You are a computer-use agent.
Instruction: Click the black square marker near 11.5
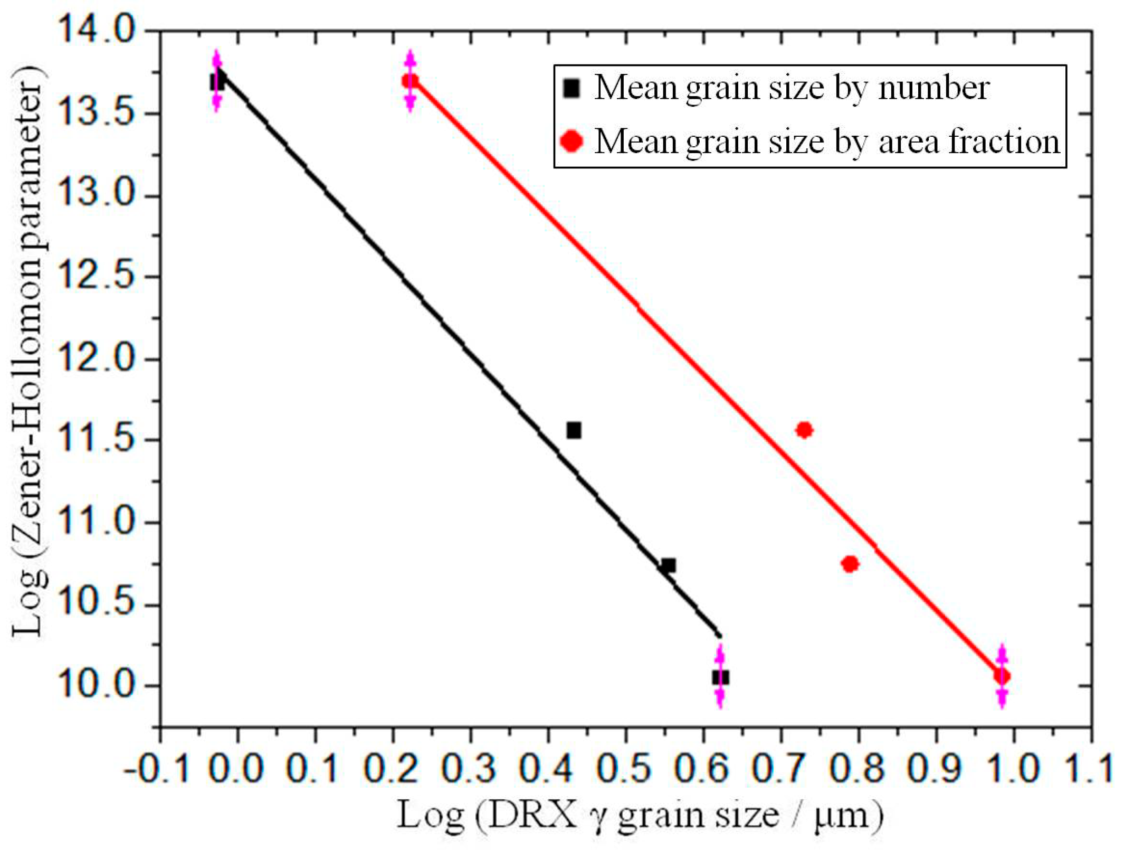coord(574,430)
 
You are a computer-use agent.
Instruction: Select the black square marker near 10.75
coord(668,565)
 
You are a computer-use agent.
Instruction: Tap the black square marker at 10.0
coord(720,677)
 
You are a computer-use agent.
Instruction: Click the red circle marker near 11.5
coord(804,430)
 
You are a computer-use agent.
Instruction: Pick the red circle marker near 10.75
coord(850,564)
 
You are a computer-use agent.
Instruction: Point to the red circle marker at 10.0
coord(1002,676)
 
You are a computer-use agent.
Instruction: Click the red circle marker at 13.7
coord(410,81)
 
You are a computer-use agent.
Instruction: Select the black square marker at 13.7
coord(217,81)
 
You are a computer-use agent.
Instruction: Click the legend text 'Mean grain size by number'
coord(792,88)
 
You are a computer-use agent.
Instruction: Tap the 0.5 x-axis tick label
coord(625,768)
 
